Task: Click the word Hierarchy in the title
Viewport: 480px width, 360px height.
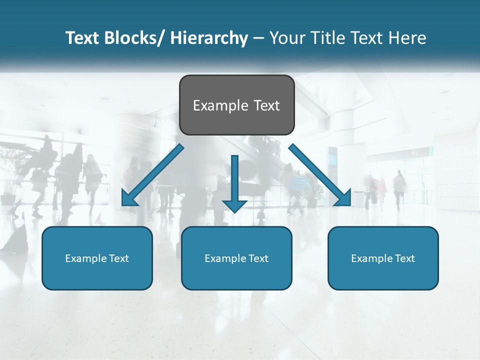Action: click(x=209, y=38)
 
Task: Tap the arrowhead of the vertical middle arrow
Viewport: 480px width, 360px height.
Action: click(x=235, y=206)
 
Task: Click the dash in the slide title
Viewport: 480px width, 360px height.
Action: click(x=258, y=38)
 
